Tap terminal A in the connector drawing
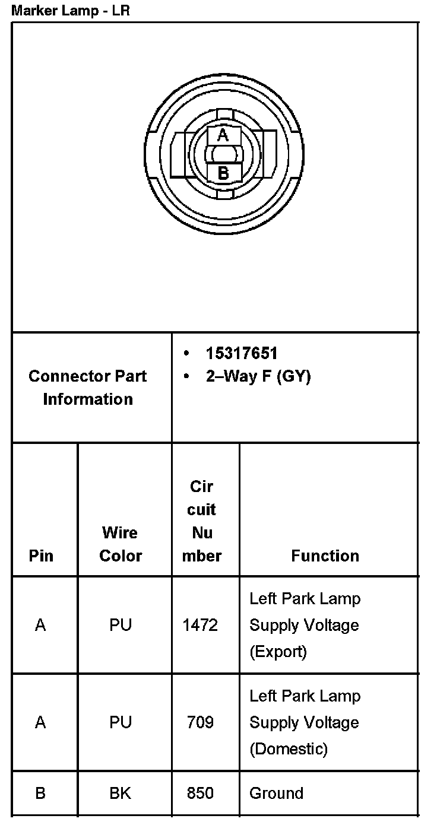223,135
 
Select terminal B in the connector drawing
223,173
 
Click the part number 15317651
242,354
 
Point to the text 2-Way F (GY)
258,376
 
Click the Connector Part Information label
88,388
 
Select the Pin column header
41,556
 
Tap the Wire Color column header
121,544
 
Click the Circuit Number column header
202,521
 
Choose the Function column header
325,556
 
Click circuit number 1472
201,625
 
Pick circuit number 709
201,722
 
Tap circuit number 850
201,794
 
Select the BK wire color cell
121,794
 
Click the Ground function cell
277,794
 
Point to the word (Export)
278,652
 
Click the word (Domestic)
289,749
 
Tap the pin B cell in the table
40,794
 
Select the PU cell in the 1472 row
121,625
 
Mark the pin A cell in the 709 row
40,722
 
